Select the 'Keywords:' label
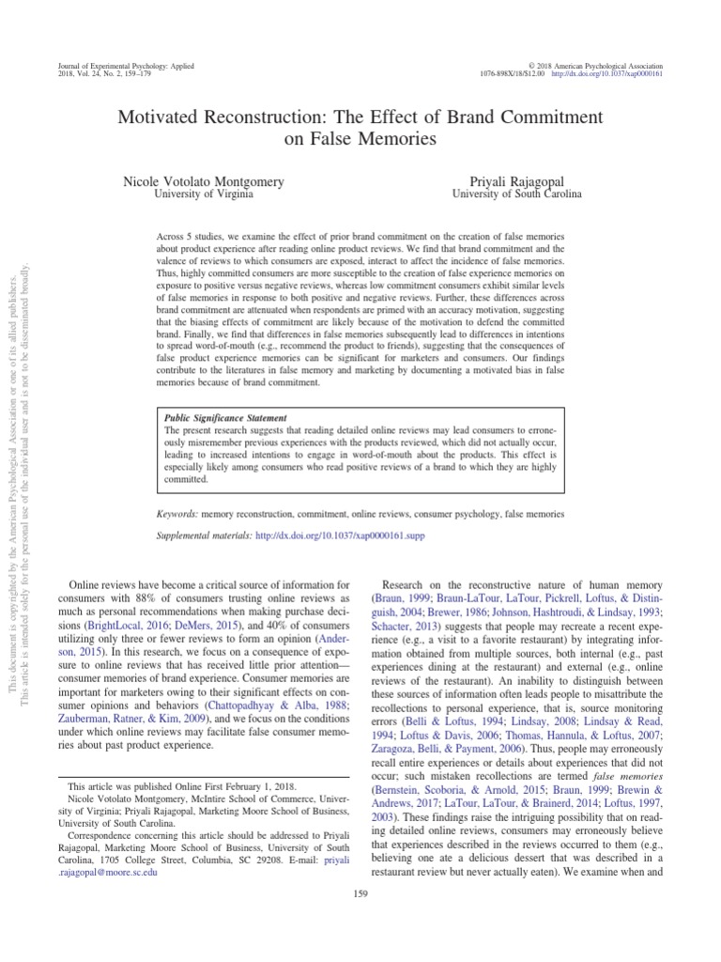tap(176, 515)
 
